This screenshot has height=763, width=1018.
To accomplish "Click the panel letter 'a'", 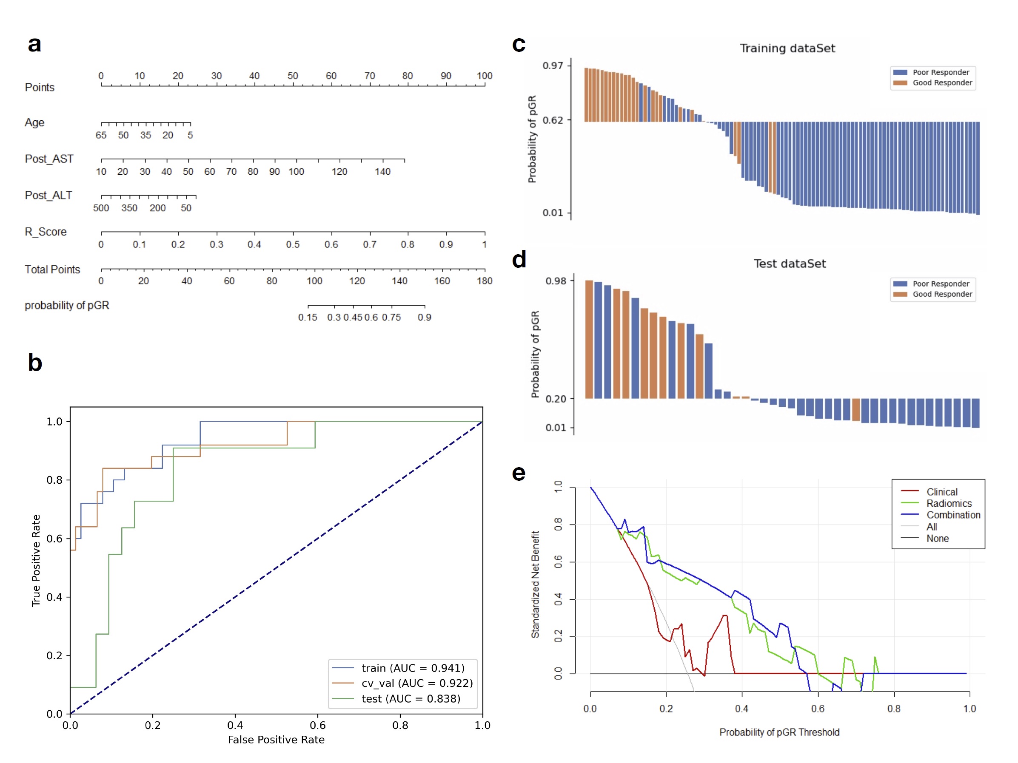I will point(34,45).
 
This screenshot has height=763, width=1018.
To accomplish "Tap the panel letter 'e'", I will point(519,473).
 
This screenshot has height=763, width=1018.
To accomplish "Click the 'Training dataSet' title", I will point(787,48).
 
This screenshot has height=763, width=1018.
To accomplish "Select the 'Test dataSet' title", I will point(789,264).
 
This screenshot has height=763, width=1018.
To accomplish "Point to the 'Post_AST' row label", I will point(49,159).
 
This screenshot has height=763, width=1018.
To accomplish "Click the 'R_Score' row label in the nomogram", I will point(46,232).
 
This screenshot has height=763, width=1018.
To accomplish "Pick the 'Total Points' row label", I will point(52,269).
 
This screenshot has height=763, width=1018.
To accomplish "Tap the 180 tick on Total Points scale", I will point(485,281).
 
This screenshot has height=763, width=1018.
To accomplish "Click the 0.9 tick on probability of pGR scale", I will point(424,318).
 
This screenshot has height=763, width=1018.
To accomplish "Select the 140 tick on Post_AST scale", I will point(382,172).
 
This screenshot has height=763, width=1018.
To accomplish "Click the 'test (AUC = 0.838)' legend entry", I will point(411,699).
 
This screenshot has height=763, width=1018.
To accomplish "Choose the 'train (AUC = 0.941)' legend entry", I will point(413,668).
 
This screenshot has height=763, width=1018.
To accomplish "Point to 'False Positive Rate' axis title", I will point(276,740).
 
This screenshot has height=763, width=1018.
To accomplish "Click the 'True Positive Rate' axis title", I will point(36,560).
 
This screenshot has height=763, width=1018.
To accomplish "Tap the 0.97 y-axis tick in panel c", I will point(553,65).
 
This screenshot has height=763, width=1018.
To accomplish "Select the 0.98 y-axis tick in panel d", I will point(556,281).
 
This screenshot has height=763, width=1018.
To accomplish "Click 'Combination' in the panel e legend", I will point(953,515).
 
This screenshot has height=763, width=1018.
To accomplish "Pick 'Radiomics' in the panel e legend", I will point(949,504).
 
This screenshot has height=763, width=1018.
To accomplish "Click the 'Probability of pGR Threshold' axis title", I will point(779,732).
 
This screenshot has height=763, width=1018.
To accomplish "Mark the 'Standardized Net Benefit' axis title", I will point(535,584).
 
